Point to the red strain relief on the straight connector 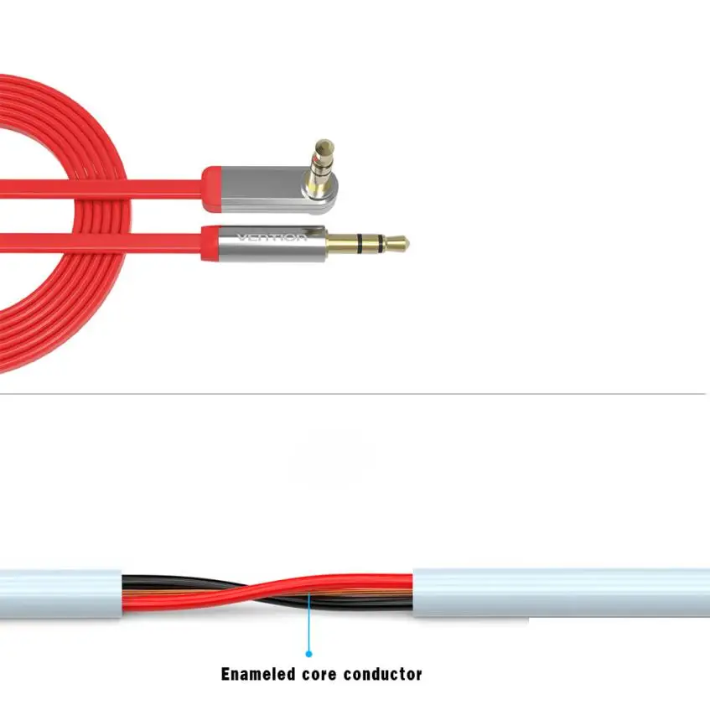[209, 242]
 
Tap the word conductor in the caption [385, 673]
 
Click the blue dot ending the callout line [308, 652]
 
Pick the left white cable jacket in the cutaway [59, 591]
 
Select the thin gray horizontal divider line [352, 393]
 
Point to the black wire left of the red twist [168, 583]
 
